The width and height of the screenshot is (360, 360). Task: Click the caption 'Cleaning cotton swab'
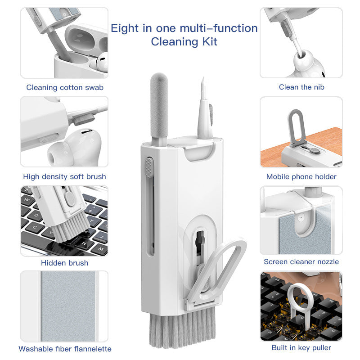65,87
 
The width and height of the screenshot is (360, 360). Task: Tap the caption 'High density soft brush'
65,177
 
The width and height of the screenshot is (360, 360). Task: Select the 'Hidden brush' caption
65,263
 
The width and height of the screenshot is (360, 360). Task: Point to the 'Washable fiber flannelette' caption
65,349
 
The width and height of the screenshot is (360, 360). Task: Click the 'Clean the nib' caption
301,87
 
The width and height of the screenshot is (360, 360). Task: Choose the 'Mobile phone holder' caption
301,177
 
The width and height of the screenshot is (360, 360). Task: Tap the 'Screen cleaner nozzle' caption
301,261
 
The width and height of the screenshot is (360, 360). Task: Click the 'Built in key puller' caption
301,347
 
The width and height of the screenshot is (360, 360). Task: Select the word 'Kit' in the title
208,42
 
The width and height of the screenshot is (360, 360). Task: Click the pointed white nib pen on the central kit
203,108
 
